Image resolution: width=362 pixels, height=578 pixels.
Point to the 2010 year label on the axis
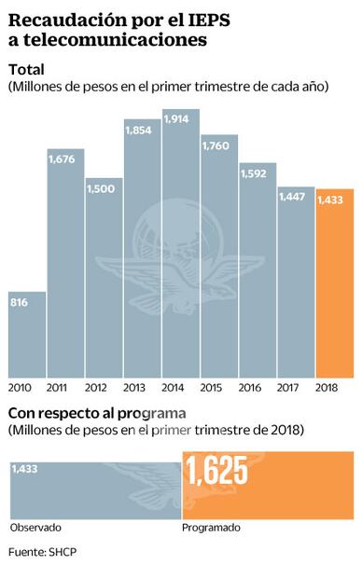click(21, 386)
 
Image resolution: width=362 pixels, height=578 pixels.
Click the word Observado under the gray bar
click(34, 527)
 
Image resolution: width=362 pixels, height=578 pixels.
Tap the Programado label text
click(212, 527)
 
